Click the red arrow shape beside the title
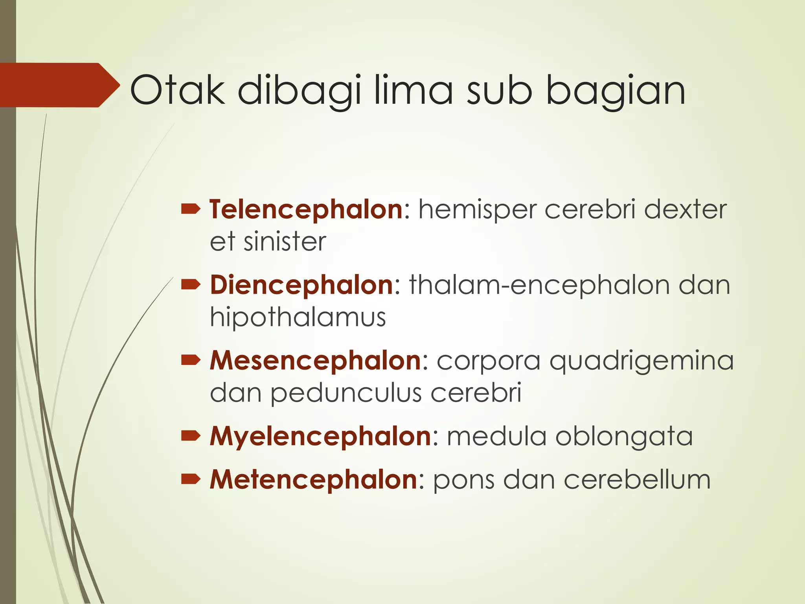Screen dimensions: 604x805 59,85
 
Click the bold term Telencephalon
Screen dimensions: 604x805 306,209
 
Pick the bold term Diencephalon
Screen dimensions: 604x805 301,285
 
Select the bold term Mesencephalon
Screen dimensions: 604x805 316,360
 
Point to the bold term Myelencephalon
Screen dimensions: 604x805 321,436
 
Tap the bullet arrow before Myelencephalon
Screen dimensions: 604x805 191,436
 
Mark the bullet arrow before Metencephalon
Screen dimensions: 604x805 191,479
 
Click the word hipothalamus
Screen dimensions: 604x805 298,317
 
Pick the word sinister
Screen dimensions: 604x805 285,241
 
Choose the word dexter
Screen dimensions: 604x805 685,209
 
